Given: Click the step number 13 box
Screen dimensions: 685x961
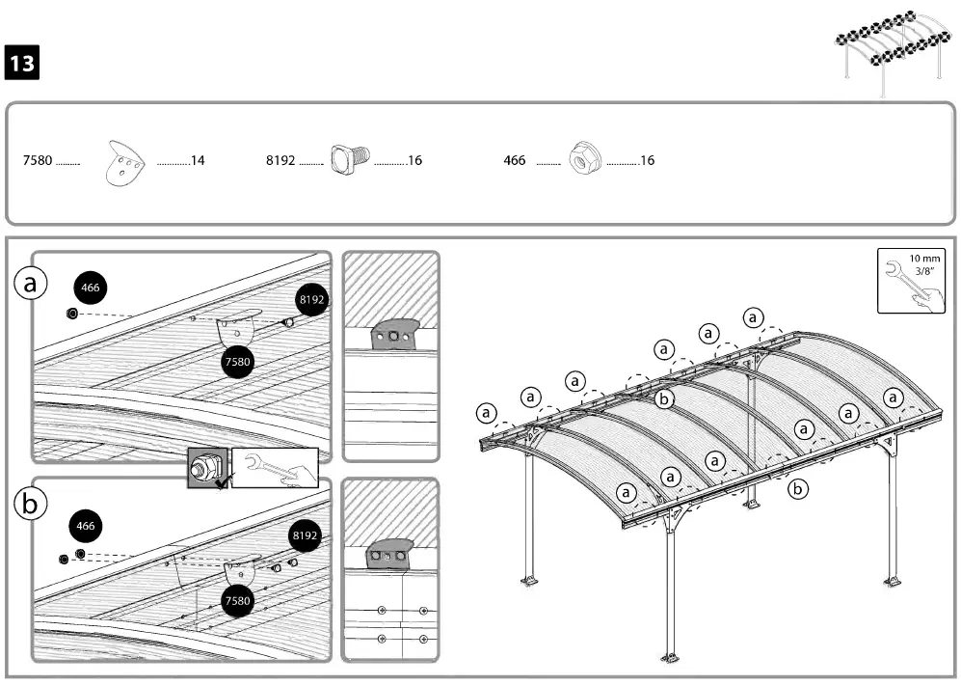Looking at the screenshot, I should [23, 63].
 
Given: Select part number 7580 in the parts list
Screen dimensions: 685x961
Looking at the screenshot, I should [38, 160].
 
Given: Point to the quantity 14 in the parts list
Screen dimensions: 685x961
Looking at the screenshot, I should [198, 160].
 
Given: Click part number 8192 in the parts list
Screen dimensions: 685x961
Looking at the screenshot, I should [280, 160].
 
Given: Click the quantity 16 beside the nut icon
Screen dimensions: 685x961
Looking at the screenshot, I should [647, 160].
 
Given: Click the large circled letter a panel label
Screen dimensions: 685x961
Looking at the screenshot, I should [31, 284].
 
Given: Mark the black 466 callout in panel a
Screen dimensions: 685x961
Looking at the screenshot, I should [90, 288].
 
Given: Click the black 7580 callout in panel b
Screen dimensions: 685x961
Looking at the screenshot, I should [237, 600].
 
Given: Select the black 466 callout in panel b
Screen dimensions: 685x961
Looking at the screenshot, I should [86, 526].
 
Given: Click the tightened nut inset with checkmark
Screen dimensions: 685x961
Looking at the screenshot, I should [207, 469].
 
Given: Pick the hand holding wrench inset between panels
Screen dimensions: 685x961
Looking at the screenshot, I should [274, 469].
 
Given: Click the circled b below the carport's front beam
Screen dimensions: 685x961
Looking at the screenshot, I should [797, 489].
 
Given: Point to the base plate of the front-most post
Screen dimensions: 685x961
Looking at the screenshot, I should [668, 659].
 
